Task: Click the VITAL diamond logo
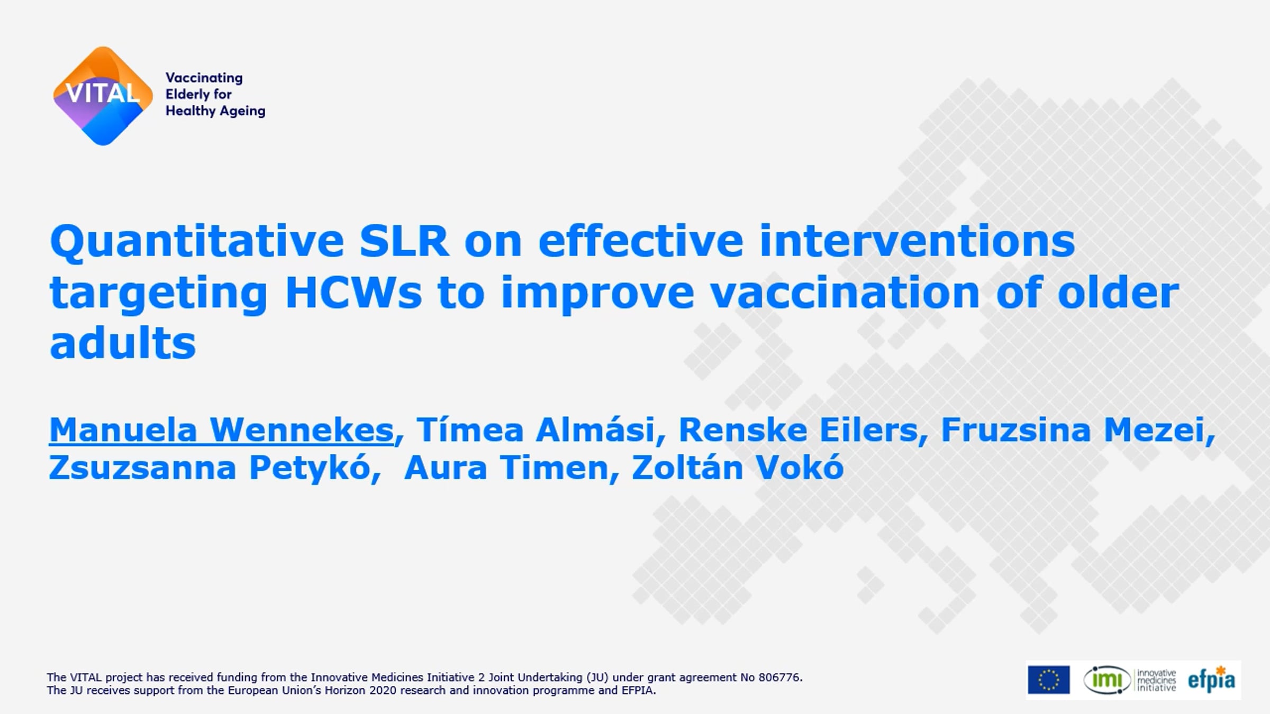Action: [103, 96]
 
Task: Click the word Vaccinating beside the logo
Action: [204, 78]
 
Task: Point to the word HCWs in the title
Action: [353, 292]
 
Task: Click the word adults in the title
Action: [123, 343]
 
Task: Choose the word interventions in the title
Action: [917, 241]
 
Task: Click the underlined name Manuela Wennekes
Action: [221, 429]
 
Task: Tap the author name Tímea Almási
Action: [536, 429]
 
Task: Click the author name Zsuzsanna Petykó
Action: [209, 468]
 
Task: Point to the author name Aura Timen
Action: [506, 468]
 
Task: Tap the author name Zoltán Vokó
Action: [738, 468]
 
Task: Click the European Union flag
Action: [1048, 680]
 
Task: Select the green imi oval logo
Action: [1106, 680]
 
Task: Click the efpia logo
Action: [1211, 680]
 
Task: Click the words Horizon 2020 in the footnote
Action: [391, 690]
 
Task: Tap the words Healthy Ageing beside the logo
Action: [215, 111]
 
